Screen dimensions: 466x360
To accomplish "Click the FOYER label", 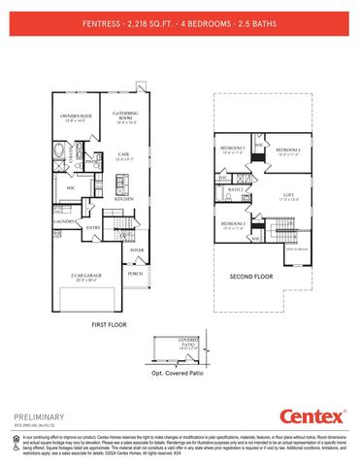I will point(136,250).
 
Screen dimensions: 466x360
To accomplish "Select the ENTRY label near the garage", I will point(94,227).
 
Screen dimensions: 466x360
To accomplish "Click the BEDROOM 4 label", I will point(287,149).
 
